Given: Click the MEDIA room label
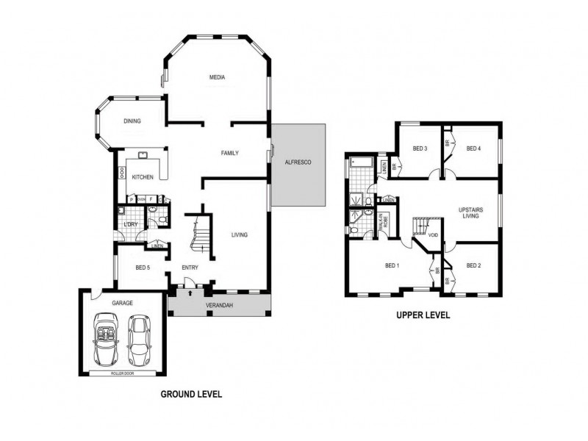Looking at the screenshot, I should coord(217,77).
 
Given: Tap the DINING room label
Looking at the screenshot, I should coord(132,122).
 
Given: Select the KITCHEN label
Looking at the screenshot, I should coord(143,177).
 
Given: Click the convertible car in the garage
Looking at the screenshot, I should coord(106,339).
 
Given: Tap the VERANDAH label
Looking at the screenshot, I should coord(219,304).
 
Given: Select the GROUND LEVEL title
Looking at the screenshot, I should coord(191,395).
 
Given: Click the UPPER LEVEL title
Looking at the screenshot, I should coord(423,315).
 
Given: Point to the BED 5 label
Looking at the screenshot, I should coord(143,268).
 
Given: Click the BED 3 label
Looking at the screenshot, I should coord(420,148).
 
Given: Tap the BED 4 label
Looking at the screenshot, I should coord(474,148).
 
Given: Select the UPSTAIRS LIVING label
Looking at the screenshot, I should coord(470,213).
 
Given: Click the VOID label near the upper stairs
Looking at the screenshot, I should coord(434,235).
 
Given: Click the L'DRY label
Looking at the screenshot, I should coord(132,224).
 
